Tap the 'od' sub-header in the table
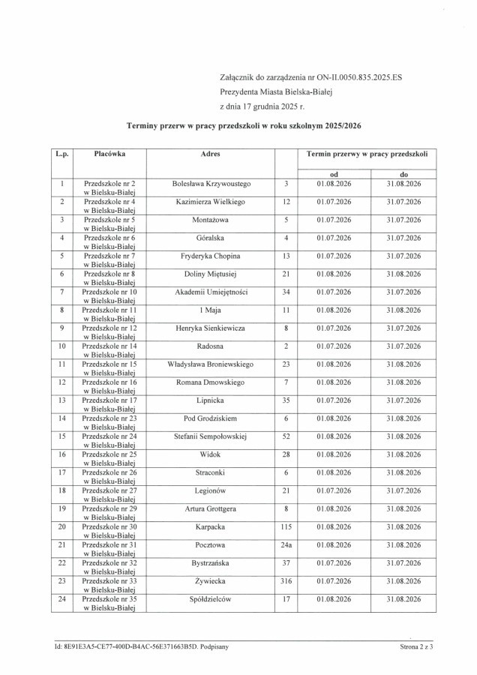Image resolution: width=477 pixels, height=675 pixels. [334, 174]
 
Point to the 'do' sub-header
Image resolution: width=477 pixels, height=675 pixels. [403, 174]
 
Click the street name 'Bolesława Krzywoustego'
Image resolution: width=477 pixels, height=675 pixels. [211, 183]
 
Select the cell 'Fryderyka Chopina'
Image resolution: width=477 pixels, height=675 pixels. [211, 256]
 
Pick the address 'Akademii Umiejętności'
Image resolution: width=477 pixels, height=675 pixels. [211, 292]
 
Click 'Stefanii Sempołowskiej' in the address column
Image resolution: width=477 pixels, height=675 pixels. [211, 436]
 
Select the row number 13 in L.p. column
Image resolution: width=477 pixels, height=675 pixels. [61, 400]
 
